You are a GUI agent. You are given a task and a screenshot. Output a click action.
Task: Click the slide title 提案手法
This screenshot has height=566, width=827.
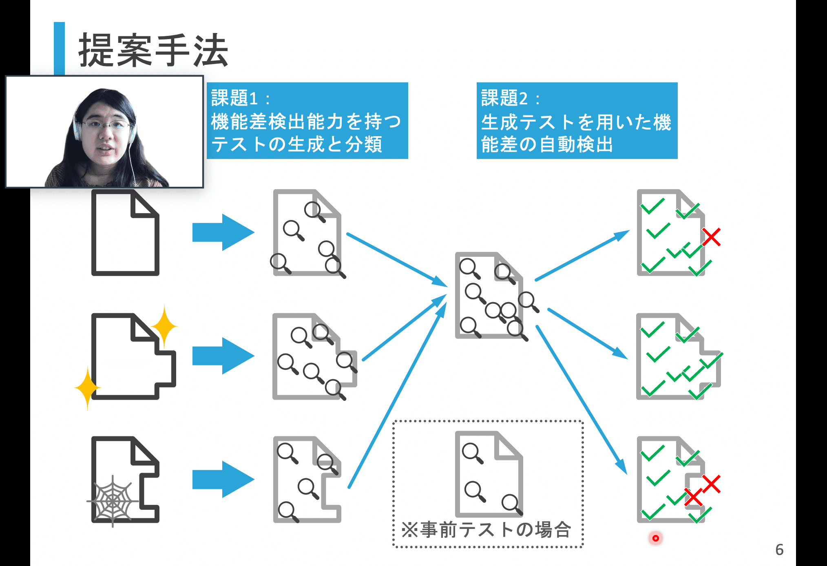[x=153, y=51]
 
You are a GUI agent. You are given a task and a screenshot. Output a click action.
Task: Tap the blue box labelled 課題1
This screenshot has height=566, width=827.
[x=307, y=121]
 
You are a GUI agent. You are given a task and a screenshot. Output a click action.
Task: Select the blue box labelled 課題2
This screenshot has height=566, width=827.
[x=577, y=121]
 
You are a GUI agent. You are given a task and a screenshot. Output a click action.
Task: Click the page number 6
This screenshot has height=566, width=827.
[x=779, y=550]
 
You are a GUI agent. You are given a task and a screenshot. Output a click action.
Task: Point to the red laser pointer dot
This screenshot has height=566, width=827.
[x=655, y=538]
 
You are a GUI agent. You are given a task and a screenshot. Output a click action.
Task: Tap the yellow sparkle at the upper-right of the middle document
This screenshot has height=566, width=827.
[x=164, y=326]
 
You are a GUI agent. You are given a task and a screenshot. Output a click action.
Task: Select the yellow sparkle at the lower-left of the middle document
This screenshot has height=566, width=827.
[x=88, y=387]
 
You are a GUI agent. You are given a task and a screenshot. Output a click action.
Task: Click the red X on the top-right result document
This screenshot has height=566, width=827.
[x=712, y=237]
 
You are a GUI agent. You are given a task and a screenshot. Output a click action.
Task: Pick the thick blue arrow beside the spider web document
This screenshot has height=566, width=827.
[x=223, y=479]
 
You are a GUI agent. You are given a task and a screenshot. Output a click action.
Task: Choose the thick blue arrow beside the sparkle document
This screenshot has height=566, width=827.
[x=223, y=356]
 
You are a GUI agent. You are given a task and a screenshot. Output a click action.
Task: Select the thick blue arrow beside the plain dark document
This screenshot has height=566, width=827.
[x=223, y=232]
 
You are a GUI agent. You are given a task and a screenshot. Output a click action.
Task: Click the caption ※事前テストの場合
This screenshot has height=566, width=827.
[x=486, y=530]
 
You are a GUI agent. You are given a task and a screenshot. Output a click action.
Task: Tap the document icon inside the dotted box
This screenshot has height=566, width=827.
[x=489, y=473]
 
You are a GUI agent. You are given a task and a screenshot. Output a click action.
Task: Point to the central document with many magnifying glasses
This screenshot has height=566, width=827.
[x=489, y=296]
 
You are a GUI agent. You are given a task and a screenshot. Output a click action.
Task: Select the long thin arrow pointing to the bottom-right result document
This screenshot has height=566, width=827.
[x=581, y=400]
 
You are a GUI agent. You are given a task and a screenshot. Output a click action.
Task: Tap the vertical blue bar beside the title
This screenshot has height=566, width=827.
[x=59, y=48]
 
